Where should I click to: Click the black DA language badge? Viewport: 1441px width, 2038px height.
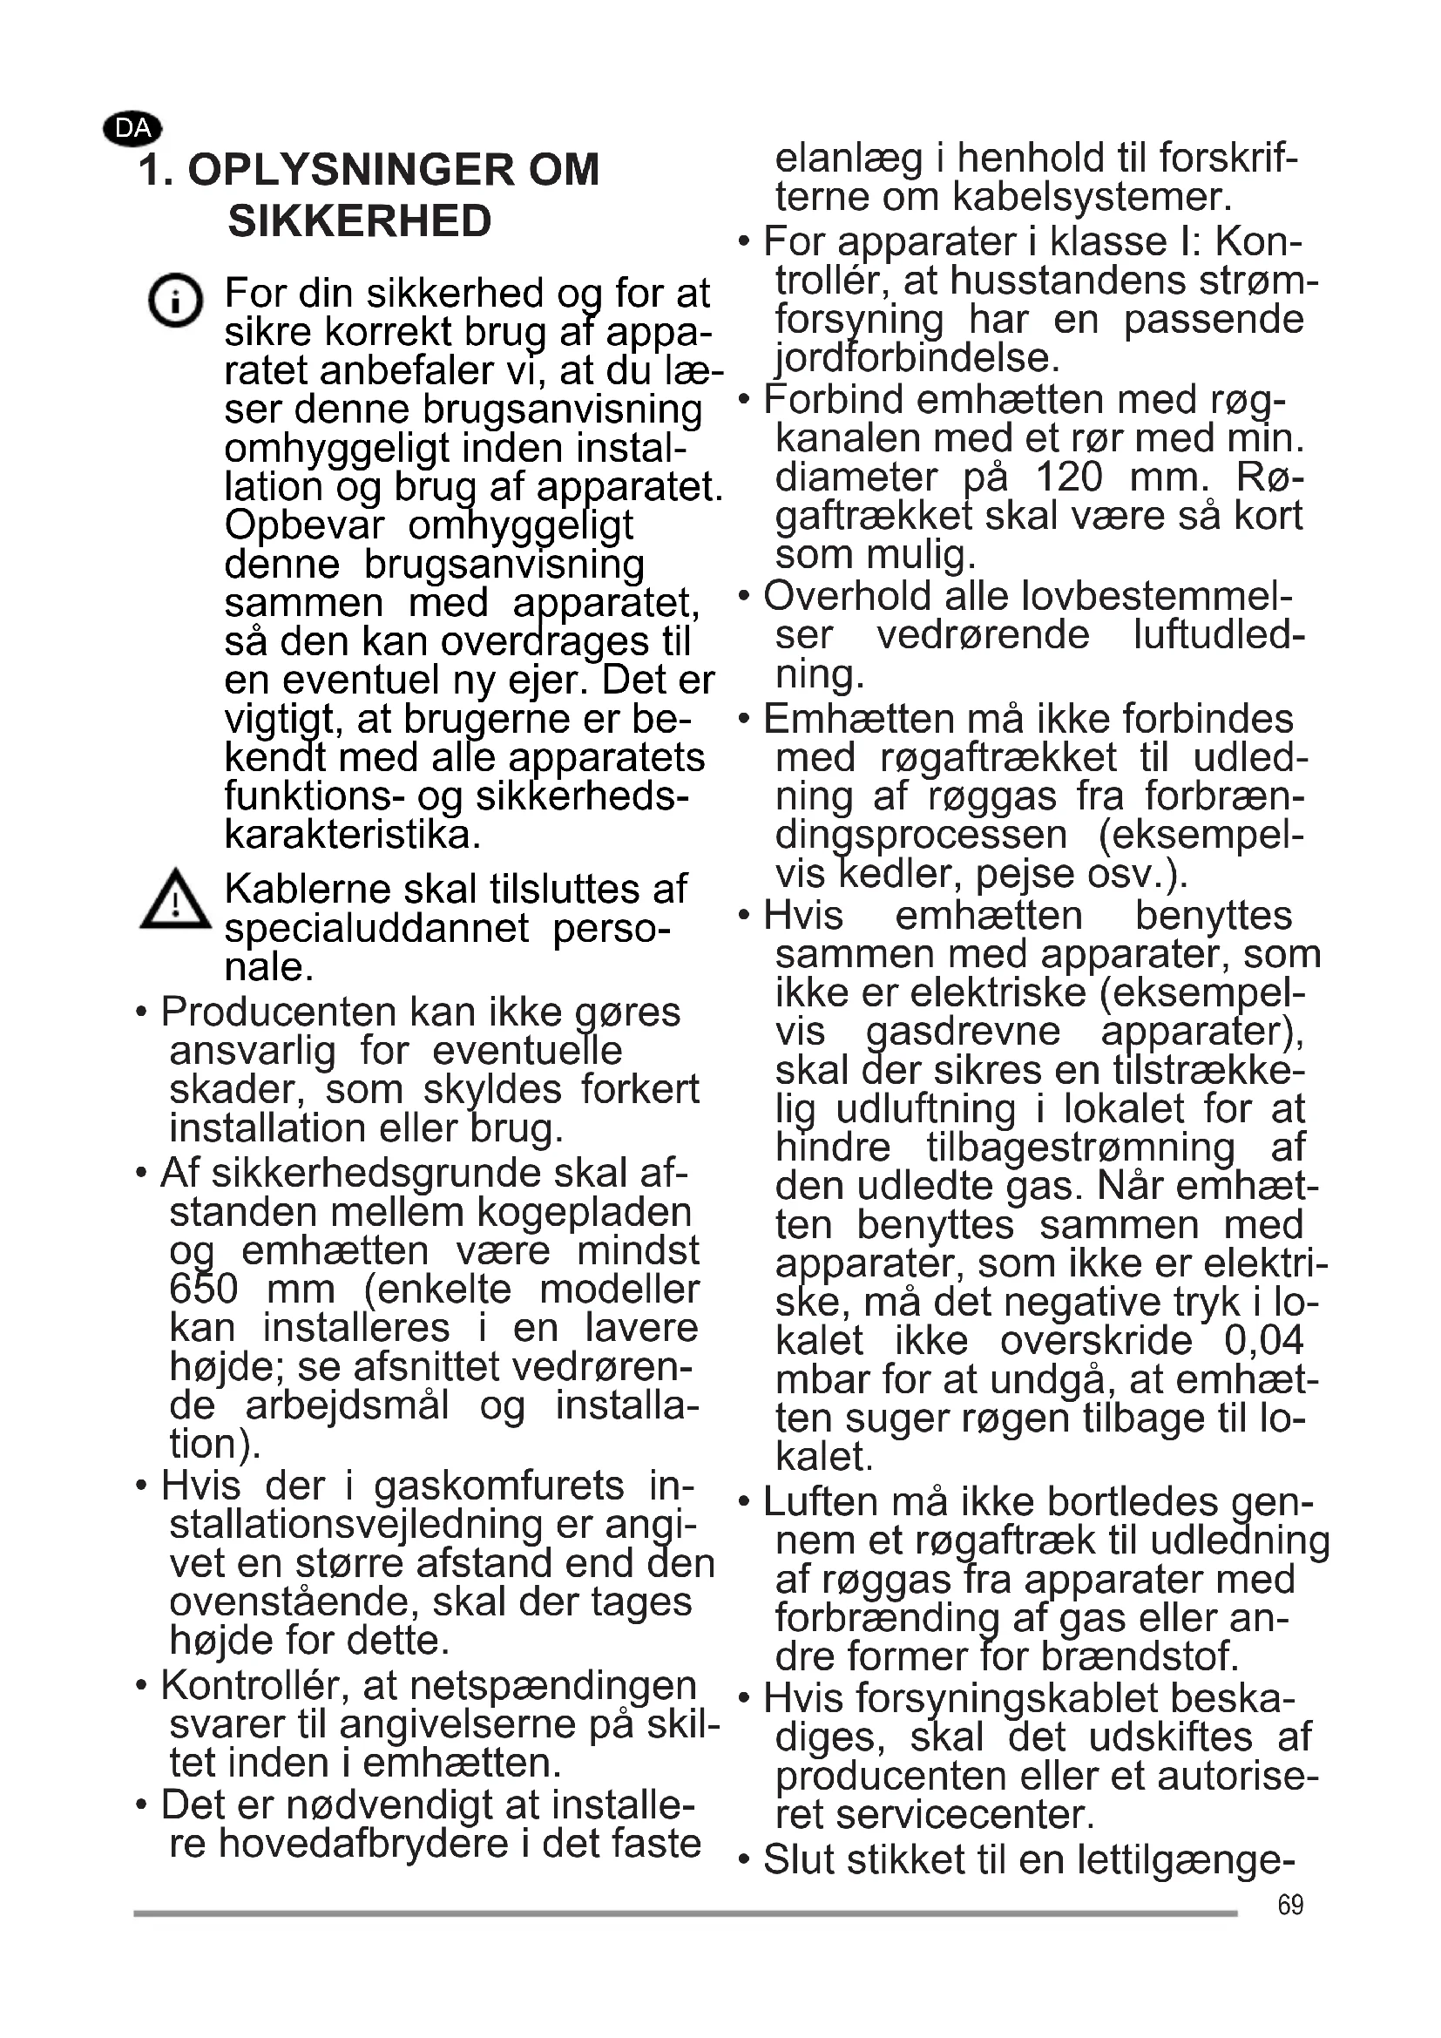click(x=132, y=129)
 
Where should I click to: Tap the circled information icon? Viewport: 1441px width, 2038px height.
click(x=175, y=299)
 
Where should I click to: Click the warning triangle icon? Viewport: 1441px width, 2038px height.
click(x=176, y=901)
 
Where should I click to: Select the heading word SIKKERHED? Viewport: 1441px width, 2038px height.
click(x=359, y=221)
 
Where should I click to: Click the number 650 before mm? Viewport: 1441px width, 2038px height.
click(x=203, y=1289)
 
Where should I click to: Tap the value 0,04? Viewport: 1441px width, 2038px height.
click(x=1263, y=1339)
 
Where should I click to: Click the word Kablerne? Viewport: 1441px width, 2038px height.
click(x=306, y=889)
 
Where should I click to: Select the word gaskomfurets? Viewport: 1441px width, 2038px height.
click(x=498, y=1485)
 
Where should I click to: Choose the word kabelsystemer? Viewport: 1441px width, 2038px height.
click(x=1091, y=197)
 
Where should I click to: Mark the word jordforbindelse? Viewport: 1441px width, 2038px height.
click(x=917, y=359)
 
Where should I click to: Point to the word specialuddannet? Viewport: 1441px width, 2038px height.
click(x=376, y=929)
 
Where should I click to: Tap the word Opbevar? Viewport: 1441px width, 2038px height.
click(x=303, y=525)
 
